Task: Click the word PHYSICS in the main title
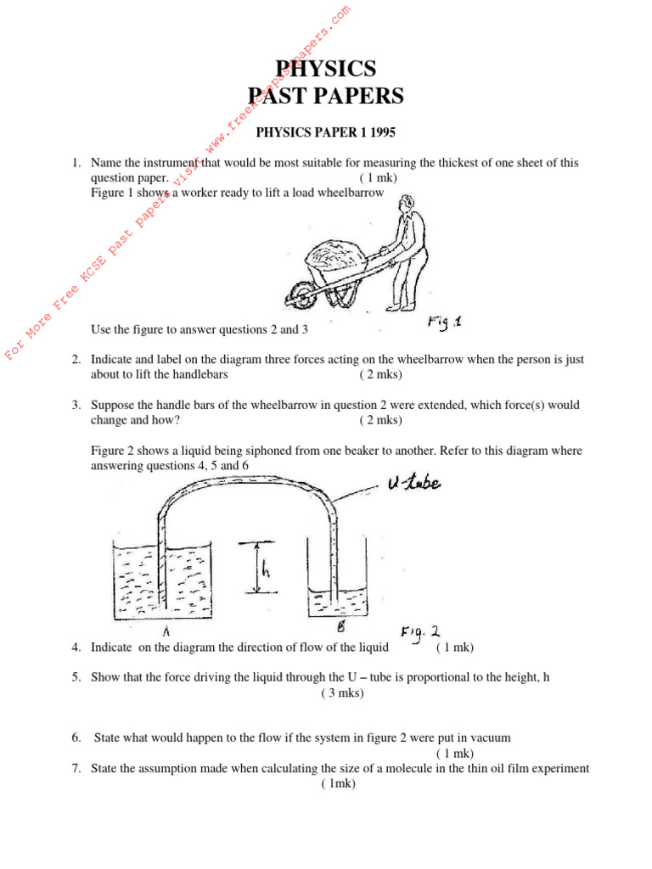tap(326, 69)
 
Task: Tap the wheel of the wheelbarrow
tap(299, 295)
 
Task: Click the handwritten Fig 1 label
tap(441, 323)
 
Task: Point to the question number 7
tap(76, 769)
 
